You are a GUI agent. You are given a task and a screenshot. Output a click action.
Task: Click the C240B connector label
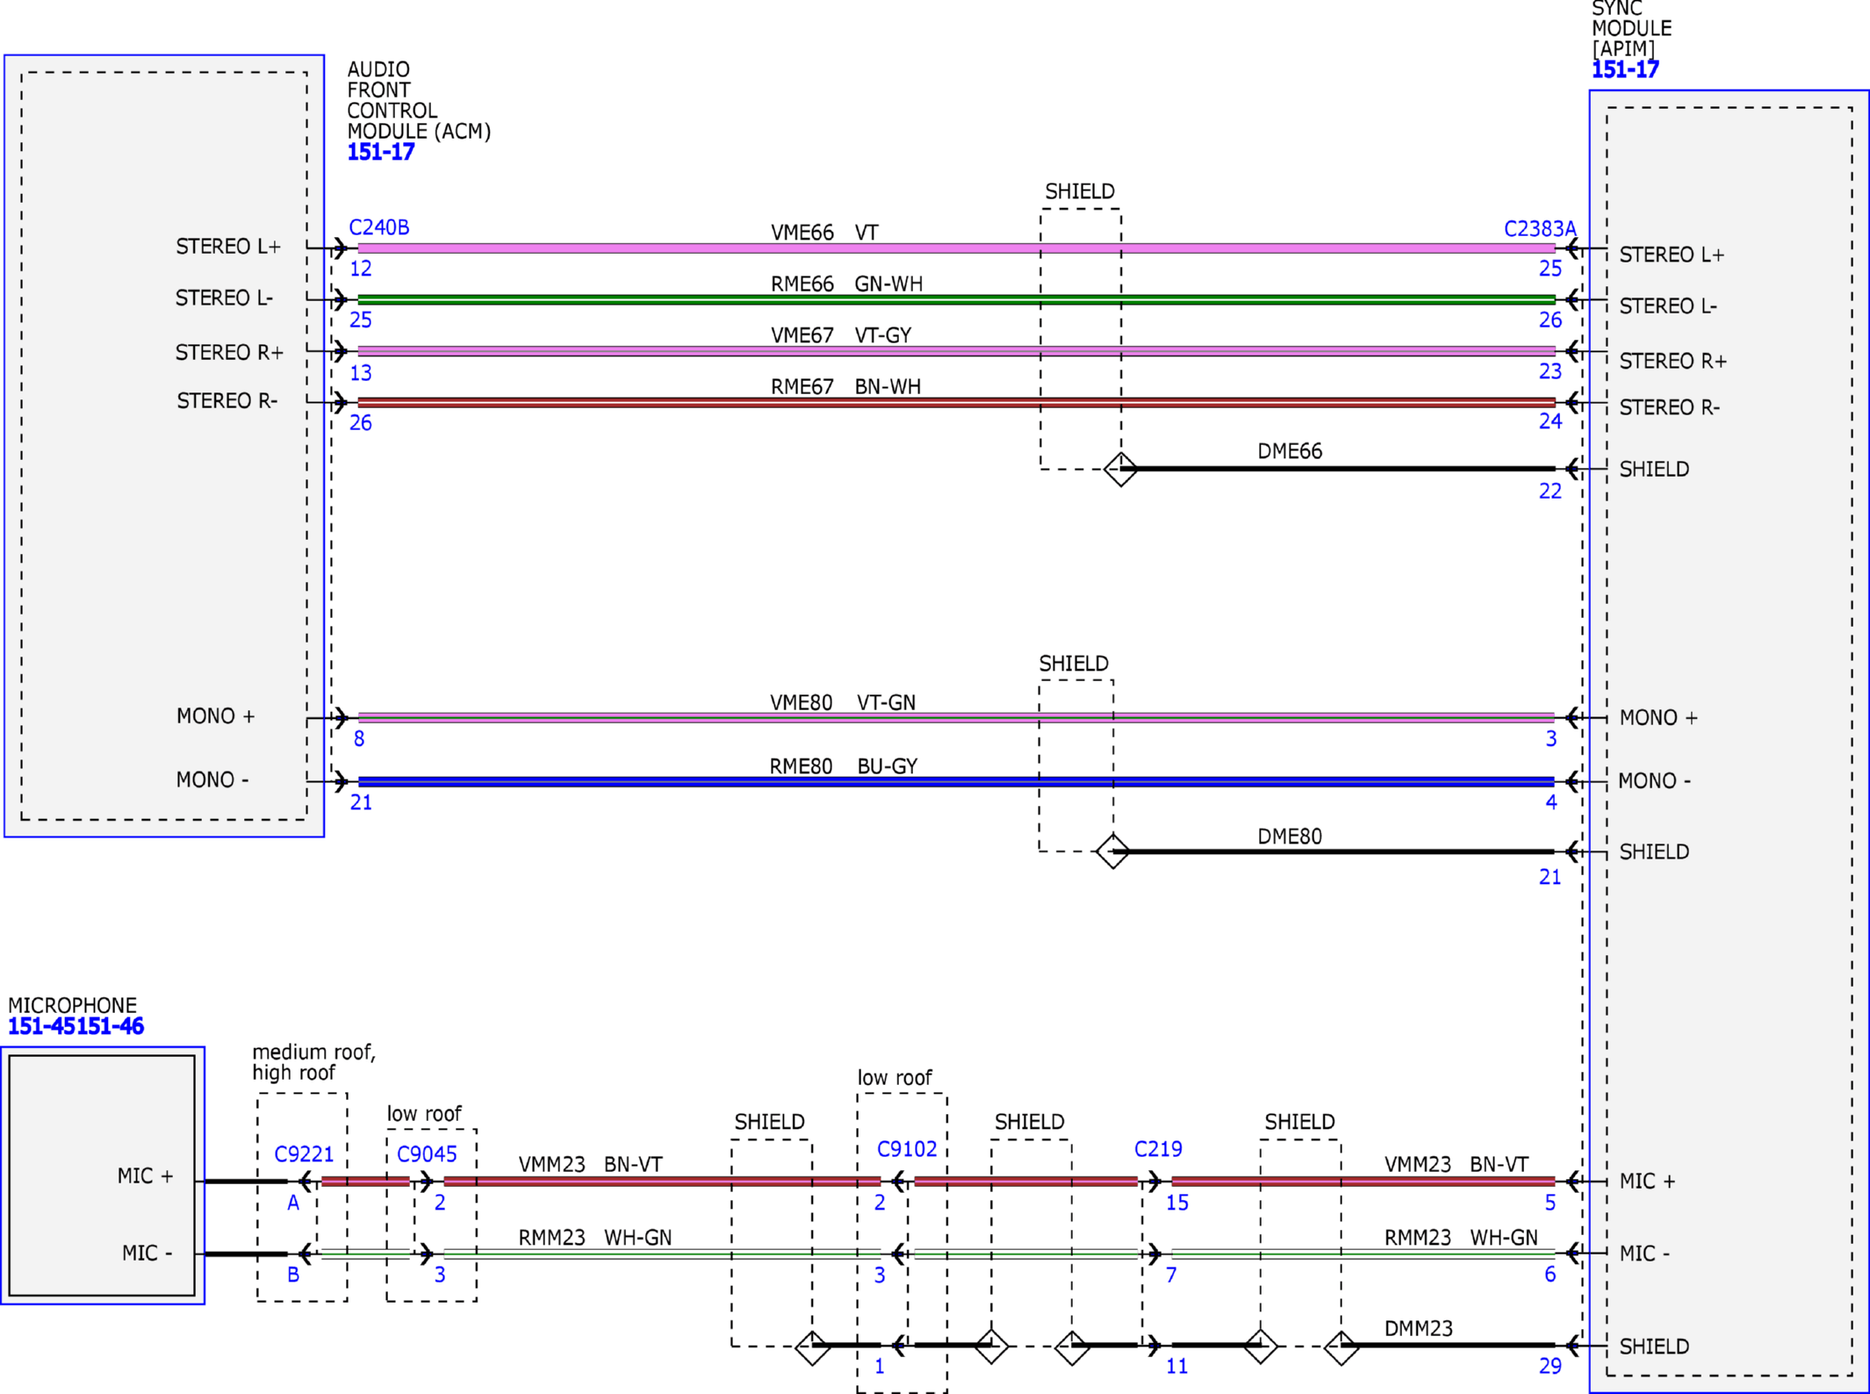pyautogui.click(x=379, y=227)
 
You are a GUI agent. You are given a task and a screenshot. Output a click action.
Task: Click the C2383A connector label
pyautogui.click(x=1540, y=229)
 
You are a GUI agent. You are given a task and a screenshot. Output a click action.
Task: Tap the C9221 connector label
pyautogui.click(x=304, y=1153)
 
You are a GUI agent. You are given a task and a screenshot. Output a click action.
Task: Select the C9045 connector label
pyautogui.click(x=427, y=1153)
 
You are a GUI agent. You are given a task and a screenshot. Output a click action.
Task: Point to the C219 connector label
pyautogui.click(x=1158, y=1148)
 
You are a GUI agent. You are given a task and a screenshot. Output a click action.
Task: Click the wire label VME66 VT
pyautogui.click(x=824, y=233)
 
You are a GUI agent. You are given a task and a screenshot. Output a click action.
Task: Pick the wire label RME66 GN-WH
pyautogui.click(x=846, y=284)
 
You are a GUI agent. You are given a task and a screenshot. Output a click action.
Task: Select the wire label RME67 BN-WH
pyautogui.click(x=845, y=386)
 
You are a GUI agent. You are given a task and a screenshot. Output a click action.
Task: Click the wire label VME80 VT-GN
pyautogui.click(x=843, y=702)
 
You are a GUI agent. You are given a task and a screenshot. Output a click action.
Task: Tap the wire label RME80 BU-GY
pyautogui.click(x=844, y=766)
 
